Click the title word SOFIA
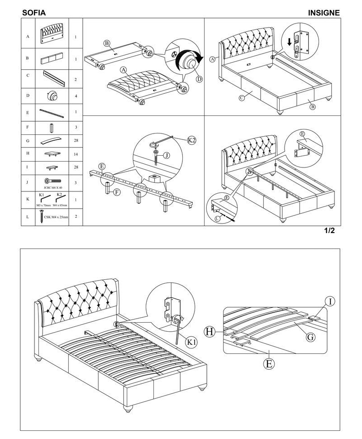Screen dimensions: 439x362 click(x=34, y=13)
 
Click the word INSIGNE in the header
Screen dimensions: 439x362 click(x=324, y=13)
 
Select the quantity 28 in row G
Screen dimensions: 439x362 click(x=75, y=141)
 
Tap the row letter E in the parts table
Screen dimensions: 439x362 click(x=28, y=111)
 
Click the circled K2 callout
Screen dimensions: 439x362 click(x=192, y=141)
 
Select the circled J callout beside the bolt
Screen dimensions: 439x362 click(x=167, y=155)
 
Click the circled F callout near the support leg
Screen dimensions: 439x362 click(x=117, y=192)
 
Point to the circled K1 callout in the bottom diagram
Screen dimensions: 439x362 click(x=191, y=342)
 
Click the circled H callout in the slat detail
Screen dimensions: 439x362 click(x=210, y=332)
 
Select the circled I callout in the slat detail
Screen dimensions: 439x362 click(x=331, y=302)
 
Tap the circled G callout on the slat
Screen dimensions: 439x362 click(x=310, y=337)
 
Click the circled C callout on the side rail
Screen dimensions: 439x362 click(x=242, y=97)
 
